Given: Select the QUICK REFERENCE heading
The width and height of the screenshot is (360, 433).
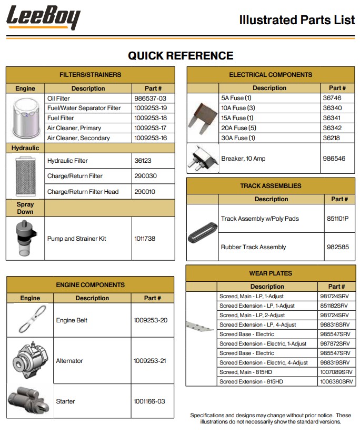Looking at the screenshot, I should coord(181,55).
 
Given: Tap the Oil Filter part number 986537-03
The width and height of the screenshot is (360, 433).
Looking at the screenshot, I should coord(150,99).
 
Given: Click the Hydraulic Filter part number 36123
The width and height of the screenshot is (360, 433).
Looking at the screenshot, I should coord(142,161).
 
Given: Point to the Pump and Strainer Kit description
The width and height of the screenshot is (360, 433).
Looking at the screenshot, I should coord(76,239).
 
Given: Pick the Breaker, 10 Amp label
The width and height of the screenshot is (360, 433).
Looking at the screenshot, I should coord(243,159).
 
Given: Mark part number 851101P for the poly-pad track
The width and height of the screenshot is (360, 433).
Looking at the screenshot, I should coord(338,219).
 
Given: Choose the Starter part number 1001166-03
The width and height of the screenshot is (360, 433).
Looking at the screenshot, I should coord(149,401).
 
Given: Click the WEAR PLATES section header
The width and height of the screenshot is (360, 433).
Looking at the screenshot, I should coord(271,273).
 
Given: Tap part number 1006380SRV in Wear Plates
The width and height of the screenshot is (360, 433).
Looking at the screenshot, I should coord(336,381).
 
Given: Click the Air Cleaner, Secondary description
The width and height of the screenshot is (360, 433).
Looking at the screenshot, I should coord(78,138).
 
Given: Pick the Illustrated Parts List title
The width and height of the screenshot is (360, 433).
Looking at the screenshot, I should coord(297,21).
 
